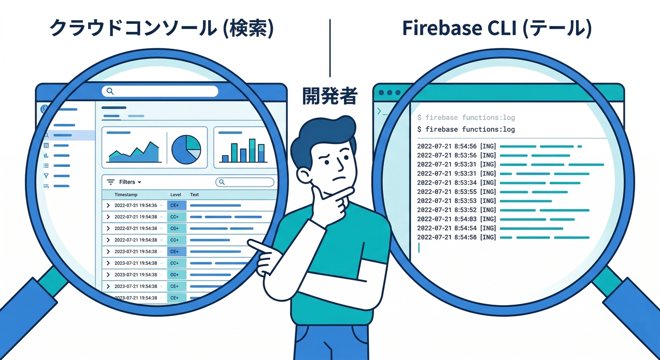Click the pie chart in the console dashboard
(186, 149)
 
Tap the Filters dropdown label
(127, 182)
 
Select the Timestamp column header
(126, 195)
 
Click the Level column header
(175, 195)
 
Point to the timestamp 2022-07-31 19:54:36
(135, 205)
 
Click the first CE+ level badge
(176, 205)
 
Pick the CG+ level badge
(176, 228)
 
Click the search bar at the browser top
(160, 91)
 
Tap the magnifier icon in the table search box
(222, 182)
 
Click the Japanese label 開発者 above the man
(330, 96)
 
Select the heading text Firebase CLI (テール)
(497, 29)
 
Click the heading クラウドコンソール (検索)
(161, 29)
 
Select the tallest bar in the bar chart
(252, 150)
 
